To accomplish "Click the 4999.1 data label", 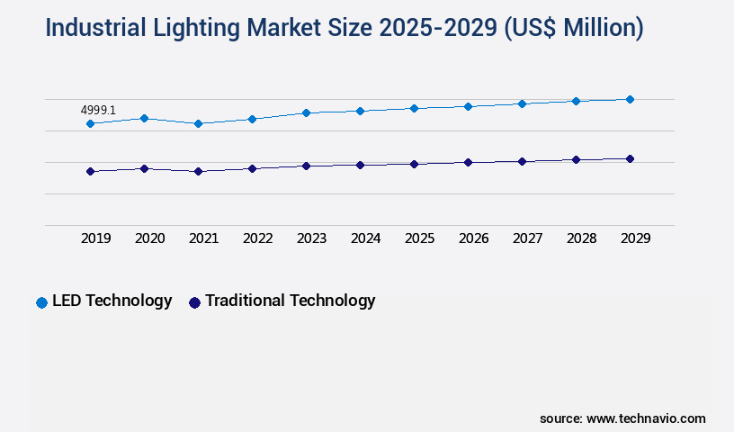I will (x=98, y=110).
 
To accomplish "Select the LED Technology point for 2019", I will (x=90, y=123).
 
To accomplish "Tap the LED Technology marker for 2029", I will (x=630, y=99).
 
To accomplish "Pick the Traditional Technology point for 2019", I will (x=90, y=171).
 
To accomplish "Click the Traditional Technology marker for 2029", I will (x=630, y=158).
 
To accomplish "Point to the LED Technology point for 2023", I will (x=306, y=112).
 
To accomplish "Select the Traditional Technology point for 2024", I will (x=360, y=165).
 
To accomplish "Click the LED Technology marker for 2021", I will (x=198, y=123).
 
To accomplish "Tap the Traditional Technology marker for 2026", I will (x=468, y=162).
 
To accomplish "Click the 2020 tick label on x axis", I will (x=149, y=238).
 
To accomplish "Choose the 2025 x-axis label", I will (x=419, y=238).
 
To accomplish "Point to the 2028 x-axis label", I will (x=581, y=238).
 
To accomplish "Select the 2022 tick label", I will (x=257, y=238).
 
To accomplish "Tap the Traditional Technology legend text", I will (x=290, y=301).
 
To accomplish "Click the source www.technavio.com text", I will (x=622, y=418).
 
